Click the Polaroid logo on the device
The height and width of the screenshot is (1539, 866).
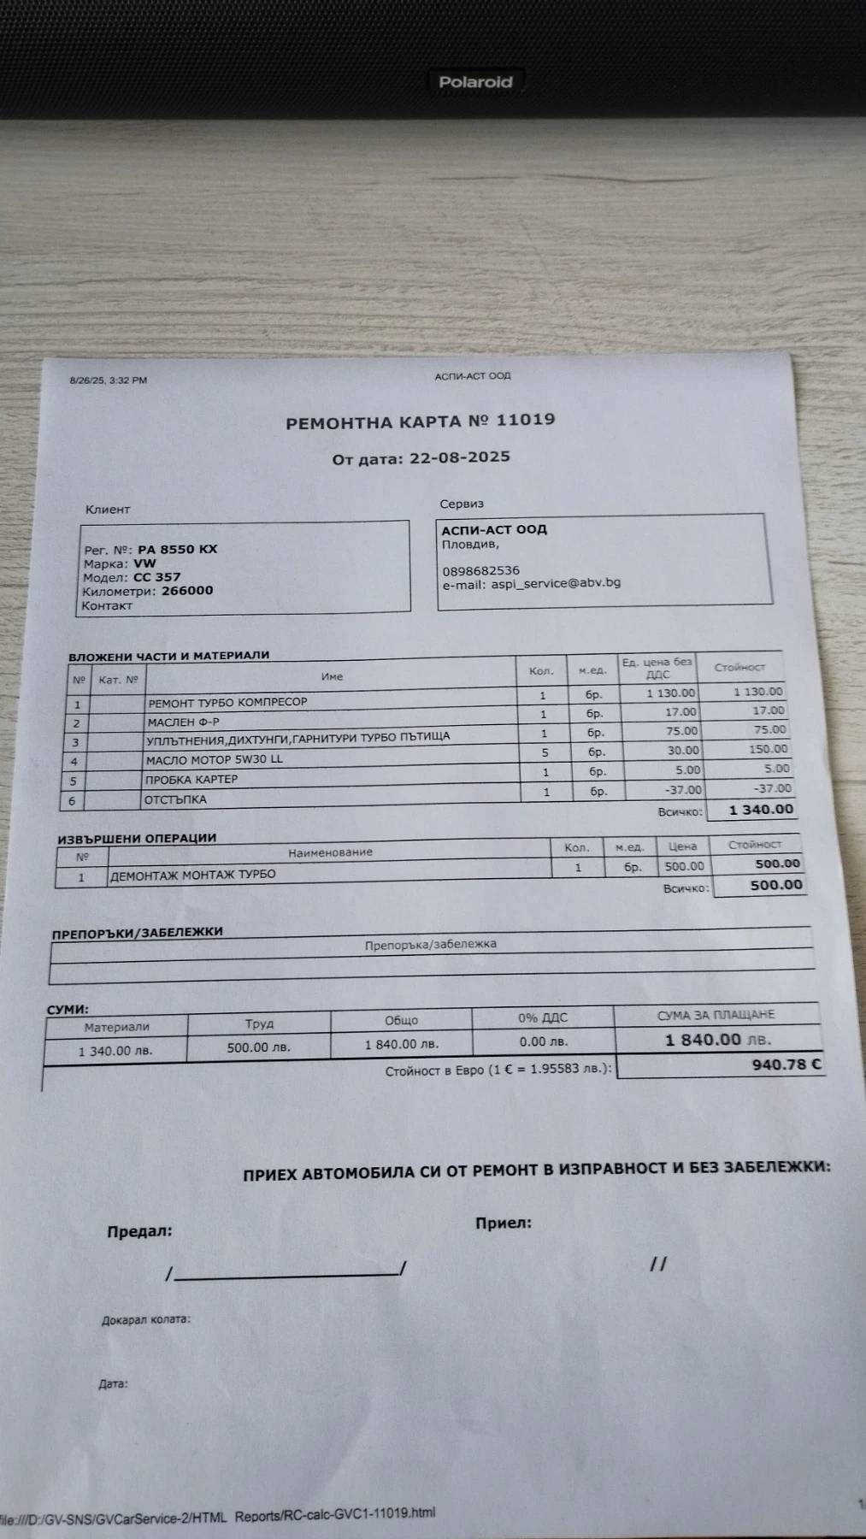coord(475,82)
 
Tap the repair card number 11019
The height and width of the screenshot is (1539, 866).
coord(525,420)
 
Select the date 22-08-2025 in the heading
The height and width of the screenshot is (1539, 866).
coord(460,457)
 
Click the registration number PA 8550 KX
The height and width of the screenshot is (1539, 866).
coord(177,549)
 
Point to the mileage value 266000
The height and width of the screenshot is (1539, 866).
coord(187,590)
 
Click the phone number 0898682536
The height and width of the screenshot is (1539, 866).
coord(480,570)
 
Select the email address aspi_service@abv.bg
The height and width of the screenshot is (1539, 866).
coord(556,583)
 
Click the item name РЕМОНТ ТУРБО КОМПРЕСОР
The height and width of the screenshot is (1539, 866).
coord(227,702)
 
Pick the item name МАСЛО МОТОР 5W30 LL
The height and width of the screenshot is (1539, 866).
coord(214,759)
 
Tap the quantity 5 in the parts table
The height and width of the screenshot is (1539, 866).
coord(545,752)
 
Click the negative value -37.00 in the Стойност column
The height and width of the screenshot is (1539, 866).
coord(773,788)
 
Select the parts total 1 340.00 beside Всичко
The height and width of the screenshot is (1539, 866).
coord(761,809)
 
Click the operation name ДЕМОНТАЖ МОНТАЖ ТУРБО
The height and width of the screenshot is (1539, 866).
coord(193,875)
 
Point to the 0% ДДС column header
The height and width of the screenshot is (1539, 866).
coord(543,1017)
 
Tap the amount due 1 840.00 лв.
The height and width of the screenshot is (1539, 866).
coord(717,1040)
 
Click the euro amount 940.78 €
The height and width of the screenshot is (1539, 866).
coord(786,1064)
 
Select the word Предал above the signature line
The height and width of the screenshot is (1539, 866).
coord(139,1231)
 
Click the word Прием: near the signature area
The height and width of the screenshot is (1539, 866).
coord(504,1223)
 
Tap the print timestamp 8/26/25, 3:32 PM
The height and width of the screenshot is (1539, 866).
coord(108,380)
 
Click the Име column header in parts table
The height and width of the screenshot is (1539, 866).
coord(332,676)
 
